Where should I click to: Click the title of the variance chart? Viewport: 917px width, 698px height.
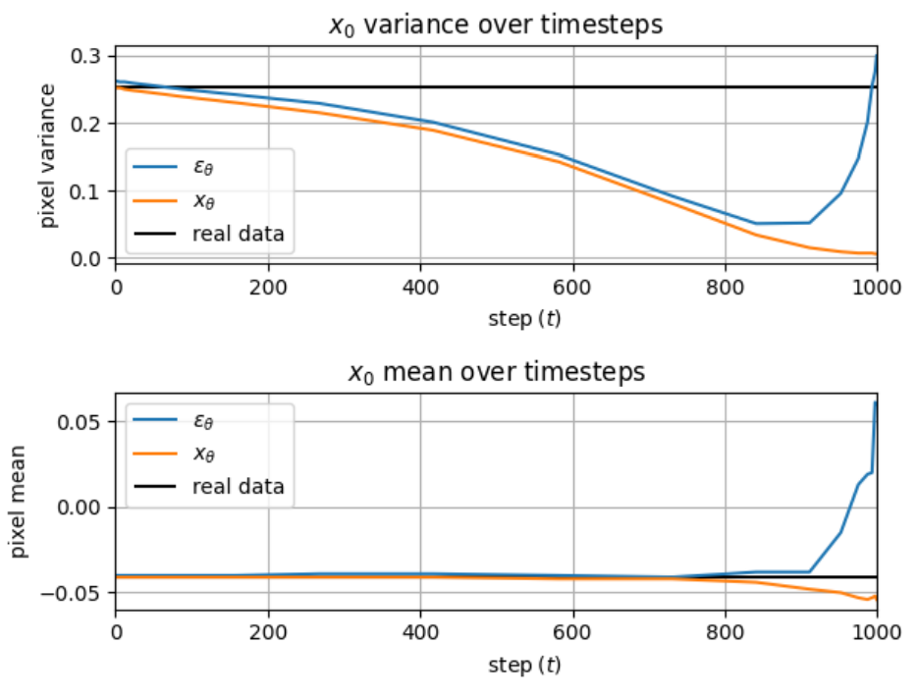[496, 26]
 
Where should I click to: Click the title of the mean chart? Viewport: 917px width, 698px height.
[497, 372]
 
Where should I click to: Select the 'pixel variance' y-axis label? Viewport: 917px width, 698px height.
[47, 155]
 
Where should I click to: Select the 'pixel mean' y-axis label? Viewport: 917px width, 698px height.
[18, 502]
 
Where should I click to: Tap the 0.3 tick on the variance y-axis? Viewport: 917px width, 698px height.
[85, 56]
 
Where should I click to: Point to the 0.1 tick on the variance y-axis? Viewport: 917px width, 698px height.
[85, 191]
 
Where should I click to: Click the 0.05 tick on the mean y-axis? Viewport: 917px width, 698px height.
[79, 422]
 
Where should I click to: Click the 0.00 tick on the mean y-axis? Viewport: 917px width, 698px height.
[79, 508]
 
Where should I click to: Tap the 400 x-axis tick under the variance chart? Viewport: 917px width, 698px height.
[420, 288]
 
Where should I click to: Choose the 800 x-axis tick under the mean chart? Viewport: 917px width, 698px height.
[726, 633]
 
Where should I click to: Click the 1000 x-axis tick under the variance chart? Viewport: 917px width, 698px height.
[877, 288]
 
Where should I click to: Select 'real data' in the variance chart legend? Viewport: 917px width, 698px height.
[238, 234]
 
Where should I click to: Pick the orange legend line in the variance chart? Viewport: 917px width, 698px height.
[155, 201]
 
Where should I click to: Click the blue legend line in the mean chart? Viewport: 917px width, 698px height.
[155, 420]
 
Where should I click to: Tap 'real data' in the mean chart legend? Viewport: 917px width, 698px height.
[238, 486]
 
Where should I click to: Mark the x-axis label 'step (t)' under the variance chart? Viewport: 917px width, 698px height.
[524, 319]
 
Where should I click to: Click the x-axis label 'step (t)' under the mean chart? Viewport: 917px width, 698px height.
[524, 666]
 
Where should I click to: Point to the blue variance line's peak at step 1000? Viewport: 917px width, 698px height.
[877, 54]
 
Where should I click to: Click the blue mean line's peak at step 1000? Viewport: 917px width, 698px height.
[876, 403]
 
